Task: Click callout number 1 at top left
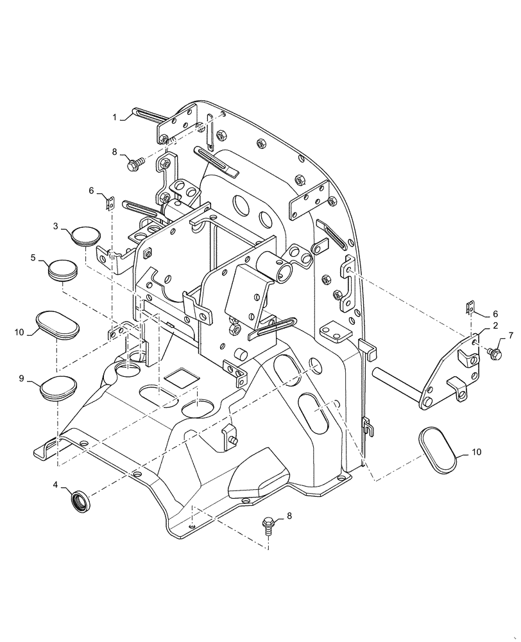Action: click(114, 117)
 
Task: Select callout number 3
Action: click(55, 226)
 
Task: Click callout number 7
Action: click(511, 336)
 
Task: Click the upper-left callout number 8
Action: click(114, 152)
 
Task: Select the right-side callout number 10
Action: click(476, 452)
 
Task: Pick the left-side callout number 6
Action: click(91, 191)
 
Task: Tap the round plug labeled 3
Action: click(85, 236)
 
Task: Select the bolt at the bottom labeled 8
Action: click(269, 526)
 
